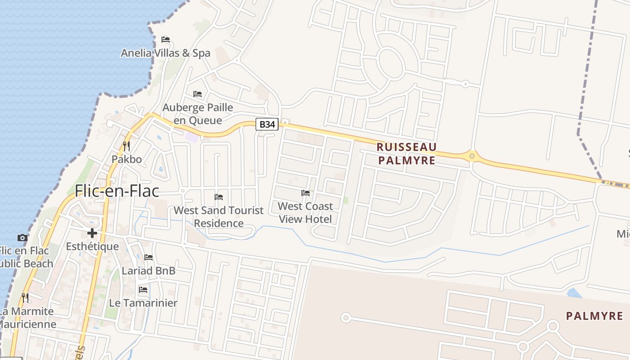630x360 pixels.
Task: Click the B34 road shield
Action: click(x=267, y=124)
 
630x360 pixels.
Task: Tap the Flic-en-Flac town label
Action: click(x=117, y=191)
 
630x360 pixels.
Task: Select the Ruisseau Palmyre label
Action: click(x=407, y=153)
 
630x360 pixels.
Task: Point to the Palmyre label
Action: click(x=594, y=316)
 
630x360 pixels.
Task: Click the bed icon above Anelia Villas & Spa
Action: click(x=166, y=40)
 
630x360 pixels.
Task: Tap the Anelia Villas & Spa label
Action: click(x=166, y=53)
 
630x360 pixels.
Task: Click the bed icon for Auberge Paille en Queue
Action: click(x=198, y=94)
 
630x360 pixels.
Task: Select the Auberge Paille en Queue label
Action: click(x=198, y=114)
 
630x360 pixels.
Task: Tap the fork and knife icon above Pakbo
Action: click(x=126, y=146)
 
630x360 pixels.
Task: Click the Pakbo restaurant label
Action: click(x=126, y=159)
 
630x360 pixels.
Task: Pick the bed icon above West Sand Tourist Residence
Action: click(x=219, y=197)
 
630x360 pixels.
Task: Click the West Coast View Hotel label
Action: click(x=306, y=212)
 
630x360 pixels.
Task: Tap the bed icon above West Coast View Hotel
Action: click(x=306, y=193)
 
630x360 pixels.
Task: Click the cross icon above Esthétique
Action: click(x=92, y=233)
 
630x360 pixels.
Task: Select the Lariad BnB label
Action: click(x=148, y=271)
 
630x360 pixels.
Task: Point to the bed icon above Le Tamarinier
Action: click(x=143, y=289)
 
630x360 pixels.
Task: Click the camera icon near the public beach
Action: click(x=22, y=238)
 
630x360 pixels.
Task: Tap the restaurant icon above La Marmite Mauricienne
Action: click(x=25, y=297)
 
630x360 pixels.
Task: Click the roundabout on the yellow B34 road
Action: click(x=472, y=156)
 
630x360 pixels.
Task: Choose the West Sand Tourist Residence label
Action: click(x=219, y=216)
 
